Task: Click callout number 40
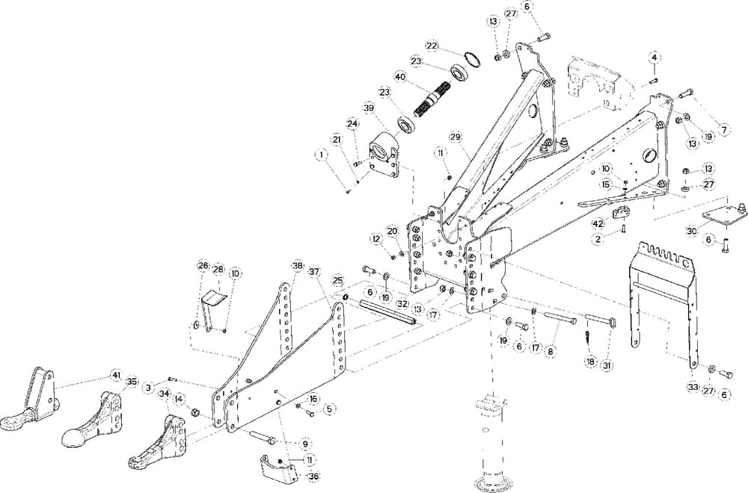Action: (x=399, y=77)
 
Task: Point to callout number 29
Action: (x=456, y=137)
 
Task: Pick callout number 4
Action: (x=654, y=58)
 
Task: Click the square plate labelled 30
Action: (x=721, y=214)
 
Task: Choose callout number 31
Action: (x=607, y=366)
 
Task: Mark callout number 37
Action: (x=314, y=272)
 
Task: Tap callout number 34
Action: (x=165, y=394)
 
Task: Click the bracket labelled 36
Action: (x=277, y=469)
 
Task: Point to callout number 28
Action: (x=218, y=269)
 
